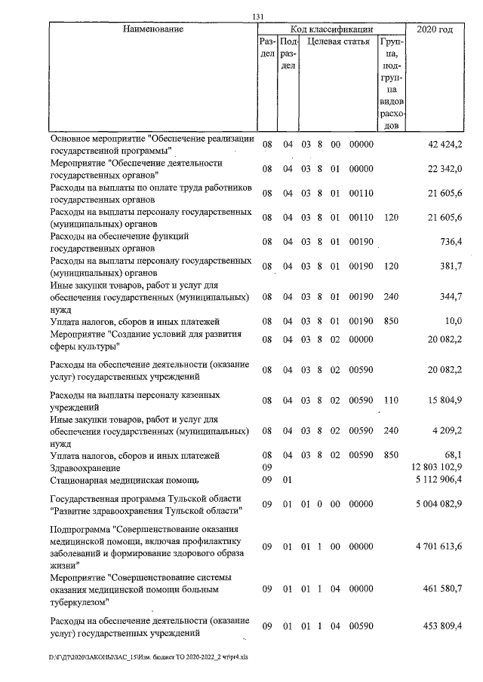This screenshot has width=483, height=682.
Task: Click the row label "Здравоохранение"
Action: tap(86, 467)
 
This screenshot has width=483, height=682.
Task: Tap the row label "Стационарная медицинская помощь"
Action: tap(125, 479)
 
